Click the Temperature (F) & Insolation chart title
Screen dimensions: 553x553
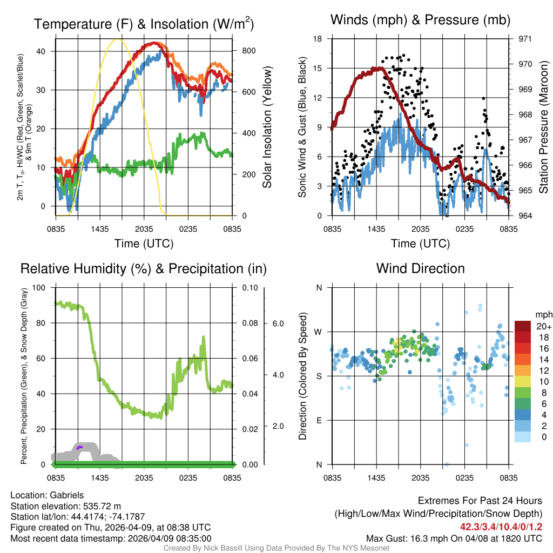coord(144,24)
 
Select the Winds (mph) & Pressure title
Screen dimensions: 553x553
coord(420,20)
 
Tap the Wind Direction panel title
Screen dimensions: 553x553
coord(420,268)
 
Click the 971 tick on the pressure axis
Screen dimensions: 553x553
coord(525,39)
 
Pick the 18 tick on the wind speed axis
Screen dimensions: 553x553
coord(318,39)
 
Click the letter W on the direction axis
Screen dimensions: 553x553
coord(319,332)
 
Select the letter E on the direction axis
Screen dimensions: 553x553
coord(319,420)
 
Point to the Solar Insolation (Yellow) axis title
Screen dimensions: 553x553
coord(267,127)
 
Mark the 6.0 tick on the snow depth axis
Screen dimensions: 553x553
coord(277,323)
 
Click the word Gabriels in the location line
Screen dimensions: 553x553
coord(67,495)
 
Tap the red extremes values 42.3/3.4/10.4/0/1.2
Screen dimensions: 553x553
coord(501,527)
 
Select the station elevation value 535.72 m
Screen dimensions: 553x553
coord(102,506)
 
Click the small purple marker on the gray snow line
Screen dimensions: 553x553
coord(79,447)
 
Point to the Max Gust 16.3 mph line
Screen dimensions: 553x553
coord(454,538)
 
